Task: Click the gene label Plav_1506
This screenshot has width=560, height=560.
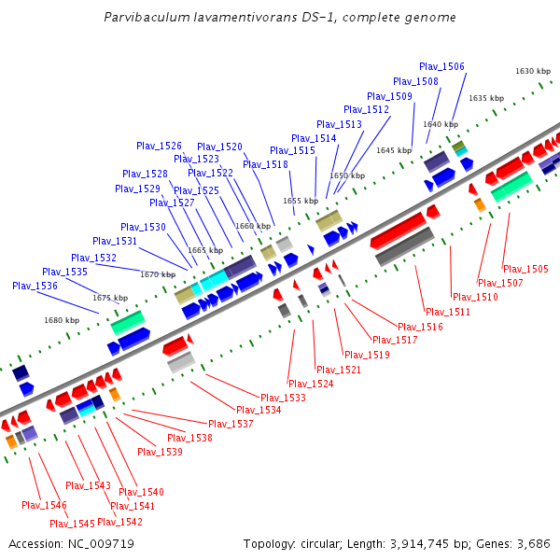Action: coord(441,66)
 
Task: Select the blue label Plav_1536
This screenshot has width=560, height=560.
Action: coord(35,286)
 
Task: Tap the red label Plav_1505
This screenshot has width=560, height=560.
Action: coord(525,269)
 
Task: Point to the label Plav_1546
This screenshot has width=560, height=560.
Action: coord(44,505)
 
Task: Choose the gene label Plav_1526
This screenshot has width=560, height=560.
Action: coord(159,146)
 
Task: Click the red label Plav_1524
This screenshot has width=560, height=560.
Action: coord(311,384)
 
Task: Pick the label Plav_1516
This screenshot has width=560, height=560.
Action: coord(420,327)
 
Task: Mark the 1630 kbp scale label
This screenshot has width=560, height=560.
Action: coord(533,71)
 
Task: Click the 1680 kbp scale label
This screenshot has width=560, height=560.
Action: coord(62,320)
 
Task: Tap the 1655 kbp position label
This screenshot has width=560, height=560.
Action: coord(301,201)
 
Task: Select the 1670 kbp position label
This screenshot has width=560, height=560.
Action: coord(158,274)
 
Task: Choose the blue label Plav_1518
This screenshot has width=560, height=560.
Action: coord(265,164)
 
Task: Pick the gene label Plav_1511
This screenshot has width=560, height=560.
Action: coord(448,312)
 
